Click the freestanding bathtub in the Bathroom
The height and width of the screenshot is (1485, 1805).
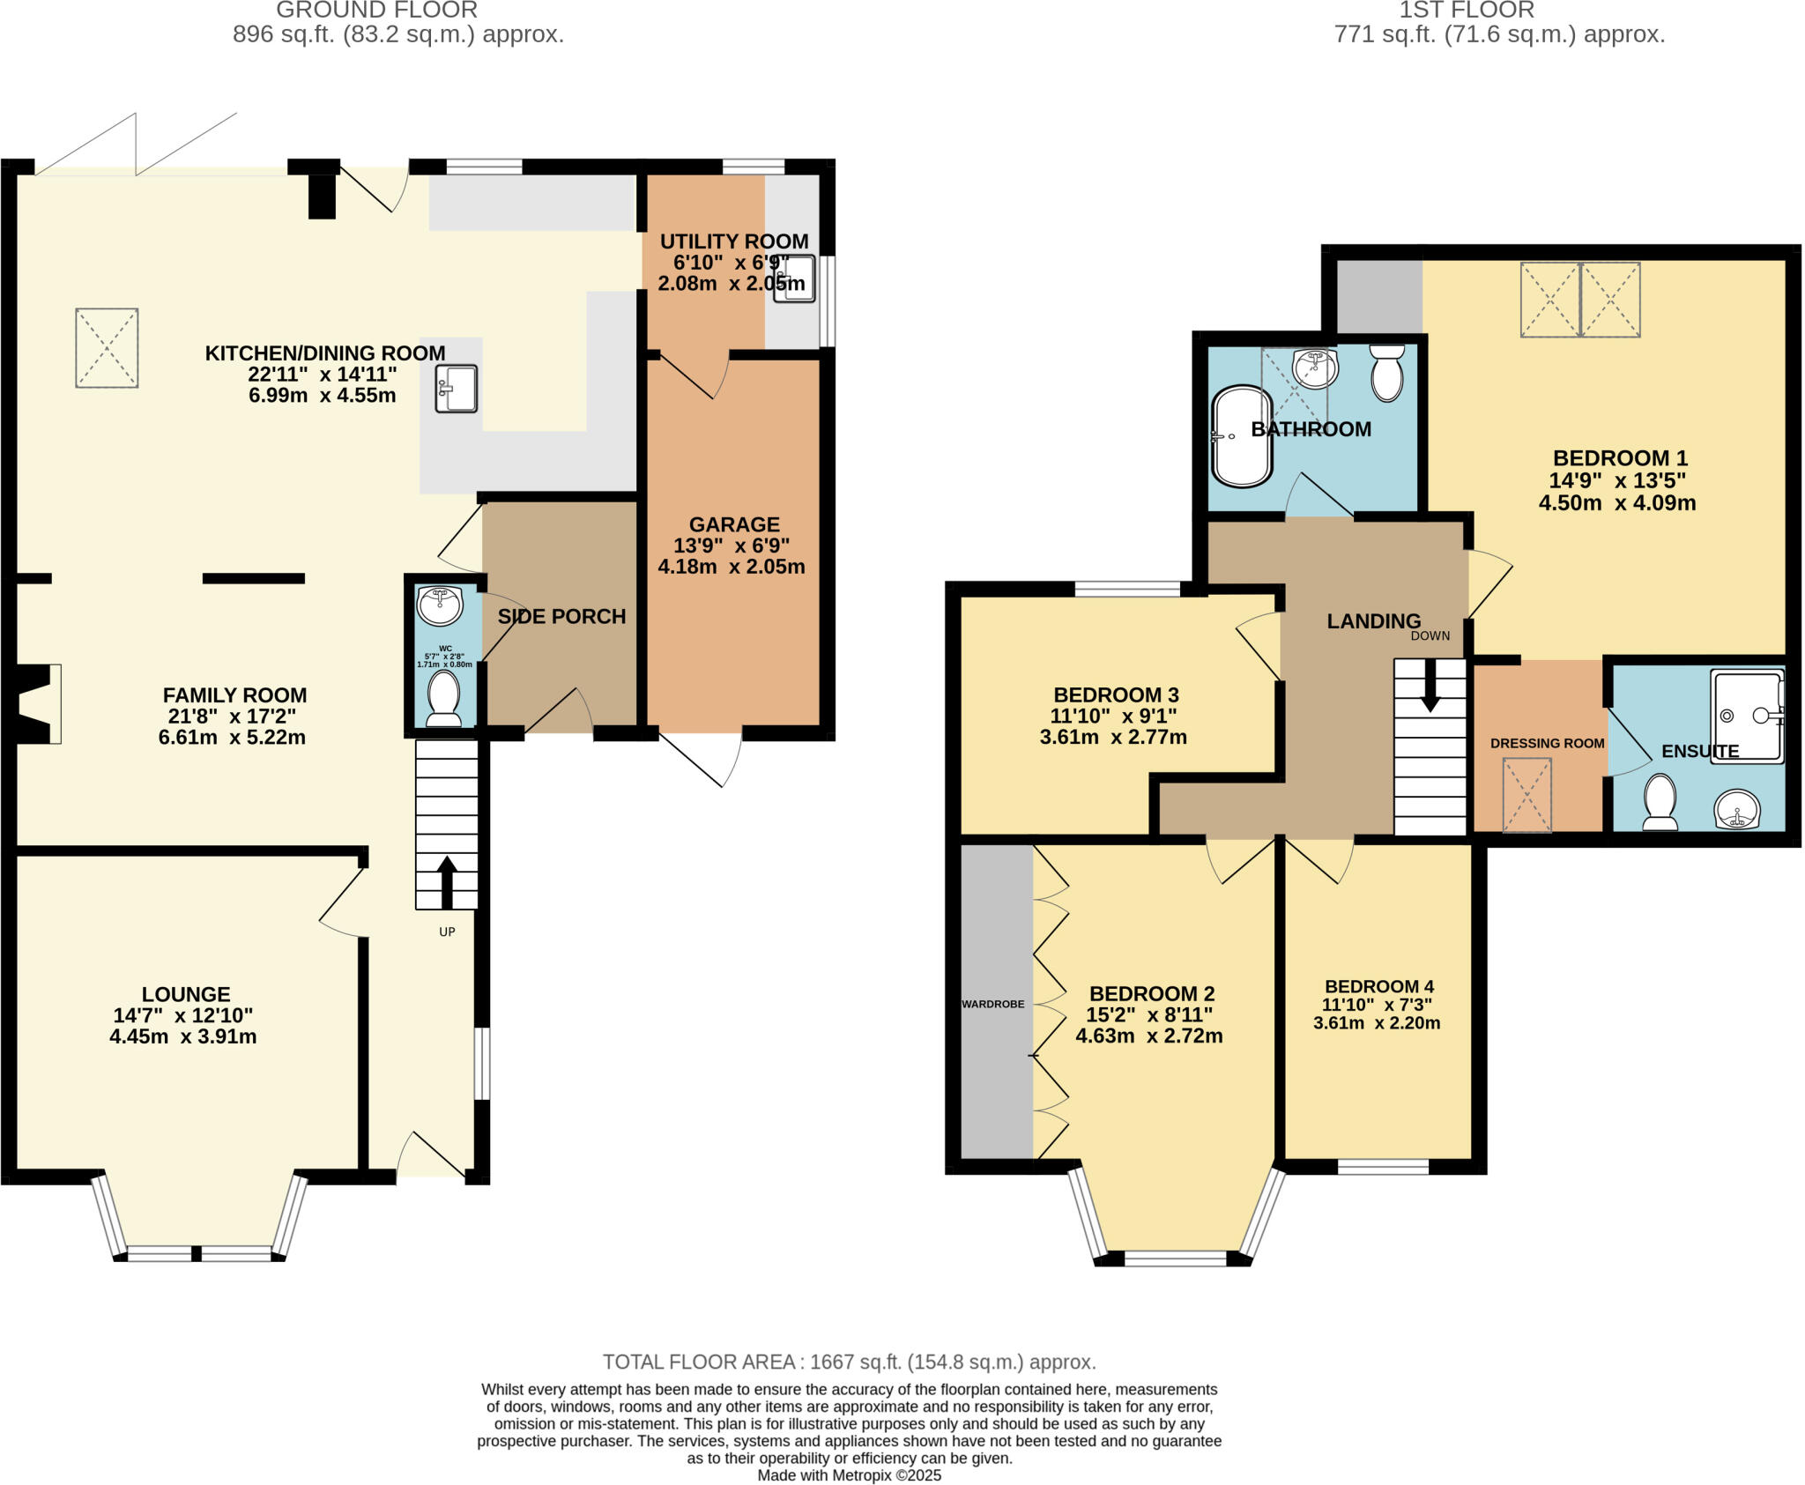click(1242, 436)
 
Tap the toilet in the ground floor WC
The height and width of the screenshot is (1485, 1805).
click(443, 699)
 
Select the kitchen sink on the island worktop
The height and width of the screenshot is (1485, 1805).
click(456, 389)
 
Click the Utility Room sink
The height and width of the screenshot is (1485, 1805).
click(794, 278)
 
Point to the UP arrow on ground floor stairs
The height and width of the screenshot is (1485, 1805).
click(447, 881)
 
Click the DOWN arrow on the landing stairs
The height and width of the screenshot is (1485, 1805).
click(1429, 685)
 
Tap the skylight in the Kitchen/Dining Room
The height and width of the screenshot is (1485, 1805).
click(107, 347)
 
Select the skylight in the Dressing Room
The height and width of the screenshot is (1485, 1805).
click(1526, 795)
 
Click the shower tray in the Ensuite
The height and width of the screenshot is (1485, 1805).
click(1746, 717)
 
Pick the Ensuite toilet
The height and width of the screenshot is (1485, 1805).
click(1660, 802)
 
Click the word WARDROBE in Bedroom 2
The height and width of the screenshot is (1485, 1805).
click(993, 1004)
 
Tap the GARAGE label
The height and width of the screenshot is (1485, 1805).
click(734, 524)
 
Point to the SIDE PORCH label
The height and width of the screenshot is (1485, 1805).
click(561, 617)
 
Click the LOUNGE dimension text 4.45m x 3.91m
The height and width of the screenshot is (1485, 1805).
click(183, 1037)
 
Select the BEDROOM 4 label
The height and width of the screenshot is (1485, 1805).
click(1378, 986)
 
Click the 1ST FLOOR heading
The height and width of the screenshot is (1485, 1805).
click(1499, 11)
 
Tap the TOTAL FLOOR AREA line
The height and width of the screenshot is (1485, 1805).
click(849, 1362)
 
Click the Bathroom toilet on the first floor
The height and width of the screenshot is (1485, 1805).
click(1387, 372)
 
